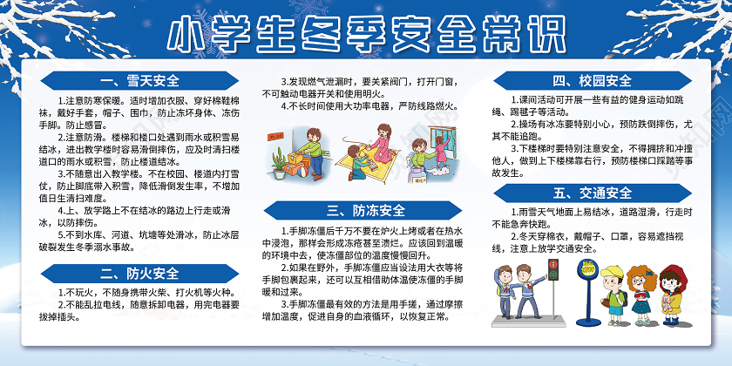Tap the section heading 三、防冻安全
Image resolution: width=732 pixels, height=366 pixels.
click(366, 210)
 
